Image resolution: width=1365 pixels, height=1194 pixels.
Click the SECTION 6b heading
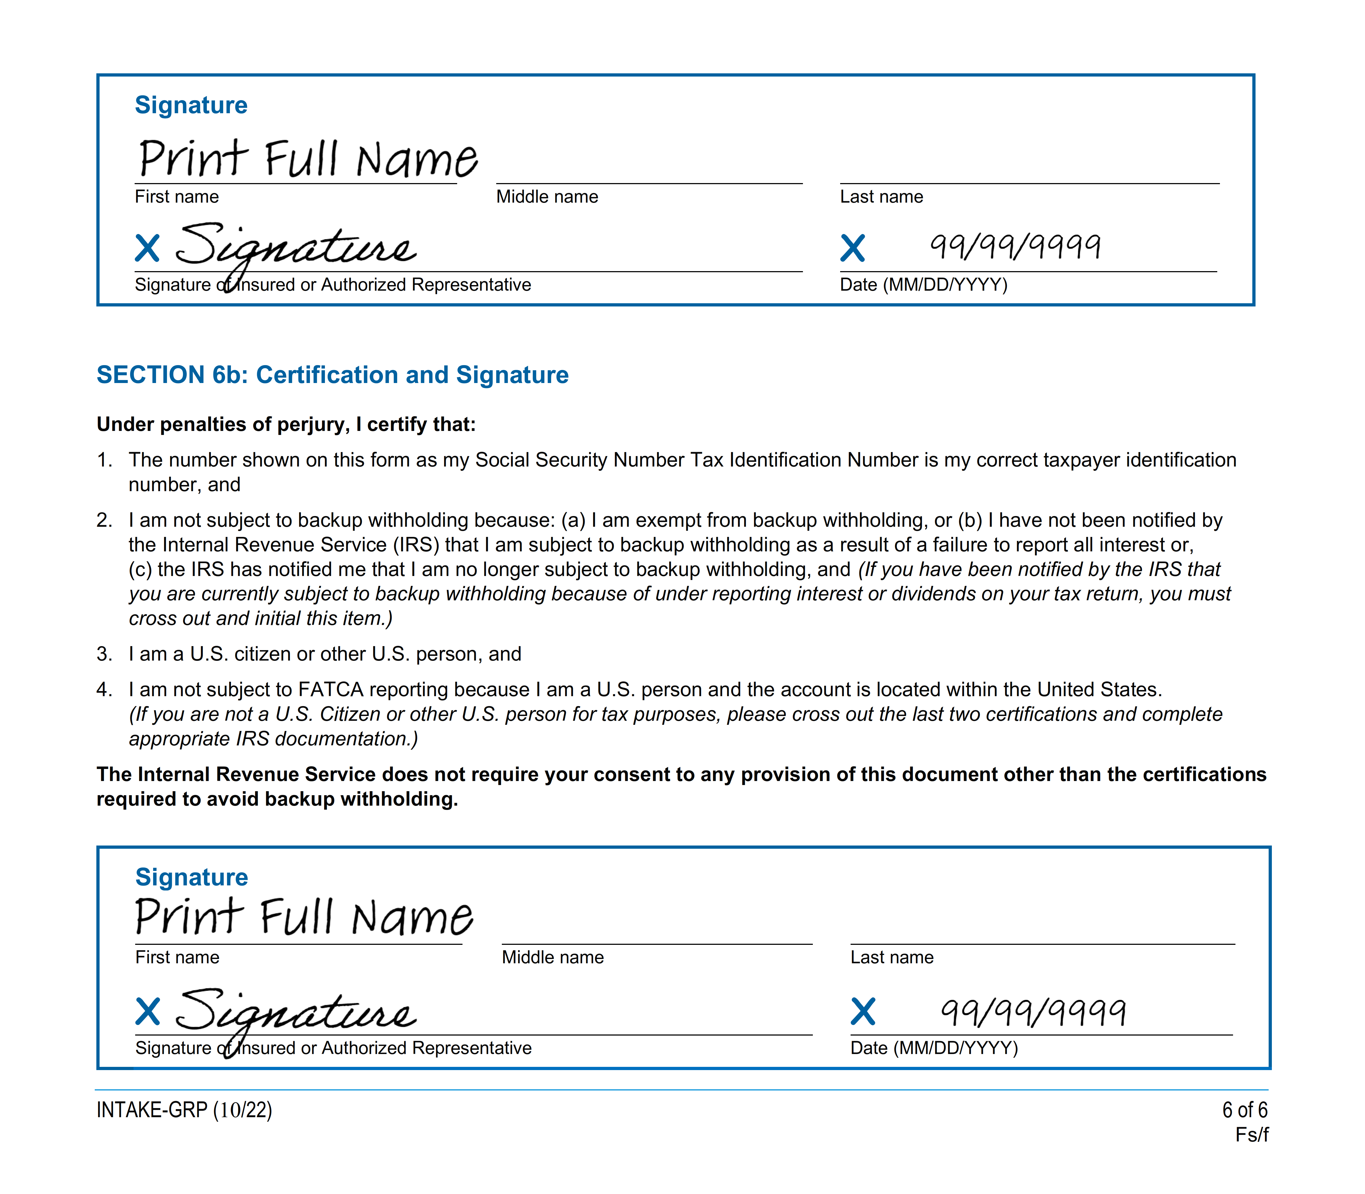coord(332,375)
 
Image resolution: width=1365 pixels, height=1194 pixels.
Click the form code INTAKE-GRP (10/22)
coord(184,1110)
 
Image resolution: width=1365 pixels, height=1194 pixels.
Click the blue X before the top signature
coord(147,249)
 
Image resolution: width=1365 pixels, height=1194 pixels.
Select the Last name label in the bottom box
coord(891,957)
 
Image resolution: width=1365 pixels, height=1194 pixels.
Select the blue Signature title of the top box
coord(191,105)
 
